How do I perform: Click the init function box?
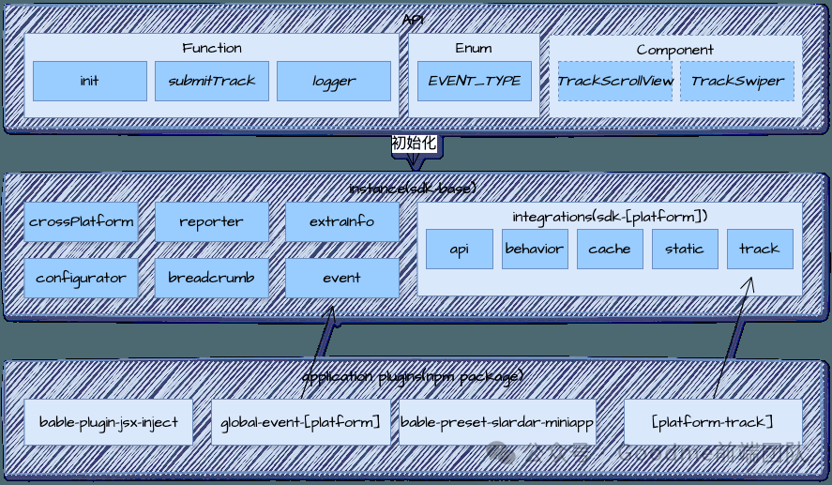click(89, 81)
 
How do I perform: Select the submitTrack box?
click(212, 81)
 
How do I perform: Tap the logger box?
click(334, 81)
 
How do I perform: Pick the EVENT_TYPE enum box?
click(475, 81)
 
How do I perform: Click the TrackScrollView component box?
click(615, 81)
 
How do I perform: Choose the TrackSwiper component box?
click(737, 81)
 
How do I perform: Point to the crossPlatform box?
click(81, 222)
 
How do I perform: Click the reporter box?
click(211, 222)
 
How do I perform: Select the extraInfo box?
click(341, 222)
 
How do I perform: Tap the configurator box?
click(81, 278)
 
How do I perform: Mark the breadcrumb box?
click(211, 278)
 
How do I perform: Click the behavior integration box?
click(535, 249)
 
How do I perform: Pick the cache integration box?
click(610, 249)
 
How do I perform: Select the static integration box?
click(685, 249)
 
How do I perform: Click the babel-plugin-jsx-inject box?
click(109, 422)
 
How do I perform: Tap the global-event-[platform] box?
click(300, 422)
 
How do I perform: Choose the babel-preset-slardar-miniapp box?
click(497, 422)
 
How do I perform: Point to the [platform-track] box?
click(713, 422)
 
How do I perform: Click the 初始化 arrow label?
click(415, 144)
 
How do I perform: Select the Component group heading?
click(674, 50)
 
